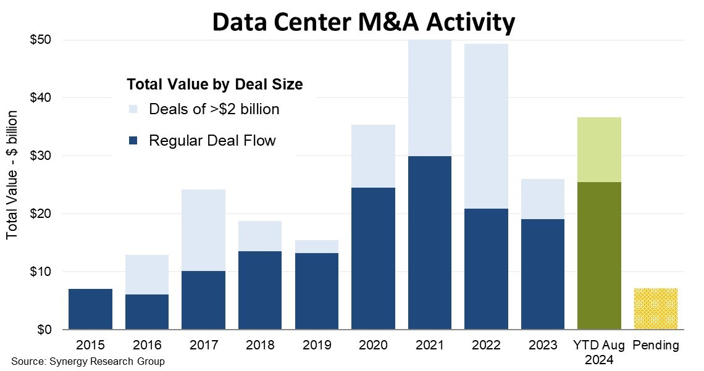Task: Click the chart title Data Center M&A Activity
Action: tap(363, 23)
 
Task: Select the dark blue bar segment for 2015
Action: tap(90, 309)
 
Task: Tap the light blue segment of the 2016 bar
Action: tap(147, 275)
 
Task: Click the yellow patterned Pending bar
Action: tap(655, 309)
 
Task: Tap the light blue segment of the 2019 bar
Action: tap(316, 246)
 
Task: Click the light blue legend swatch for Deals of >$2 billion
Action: tap(133, 109)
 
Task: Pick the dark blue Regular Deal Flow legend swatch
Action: tap(133, 141)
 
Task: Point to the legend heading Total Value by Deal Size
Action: tap(214, 85)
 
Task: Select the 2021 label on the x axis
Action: tap(429, 345)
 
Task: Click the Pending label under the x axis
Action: tap(655, 345)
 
